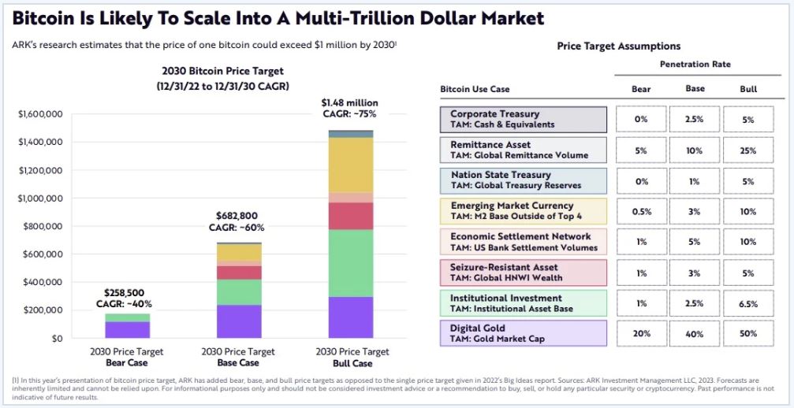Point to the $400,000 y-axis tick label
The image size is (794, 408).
pos(41,282)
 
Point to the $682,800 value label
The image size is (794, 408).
pos(237,215)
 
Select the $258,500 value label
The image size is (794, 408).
pos(126,291)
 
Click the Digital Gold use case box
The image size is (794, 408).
pos(523,333)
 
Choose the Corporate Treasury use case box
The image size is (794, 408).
pos(523,120)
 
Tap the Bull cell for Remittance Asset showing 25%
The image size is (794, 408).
pos(747,150)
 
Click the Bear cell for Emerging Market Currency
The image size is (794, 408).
pos(641,211)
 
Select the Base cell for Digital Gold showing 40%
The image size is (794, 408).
pos(695,333)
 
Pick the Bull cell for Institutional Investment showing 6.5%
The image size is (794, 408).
pos(747,303)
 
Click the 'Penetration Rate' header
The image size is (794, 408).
pos(695,64)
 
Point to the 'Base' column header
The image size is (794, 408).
pos(695,88)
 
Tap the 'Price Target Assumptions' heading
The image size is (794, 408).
pos(618,46)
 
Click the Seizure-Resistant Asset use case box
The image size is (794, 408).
pos(523,273)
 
